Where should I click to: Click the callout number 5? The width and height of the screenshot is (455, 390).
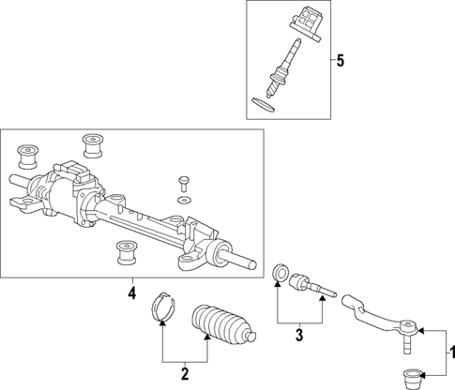point(340,61)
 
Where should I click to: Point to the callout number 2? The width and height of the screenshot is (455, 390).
point(185,374)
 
